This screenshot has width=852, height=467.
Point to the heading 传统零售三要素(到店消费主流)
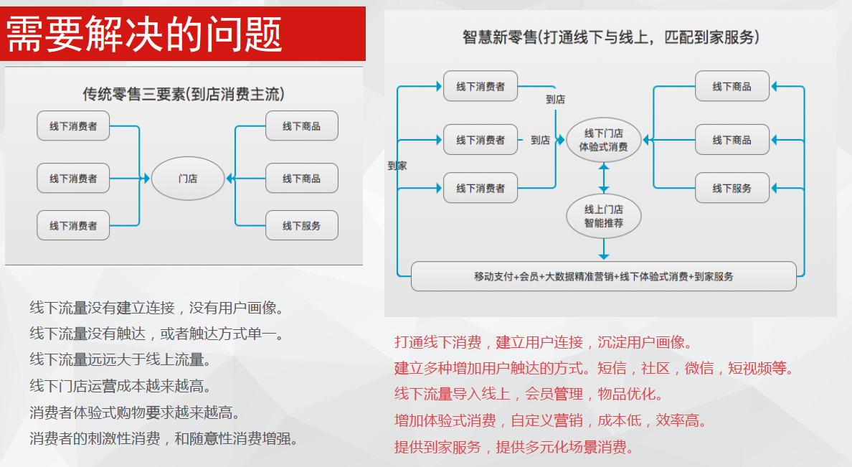click(x=184, y=94)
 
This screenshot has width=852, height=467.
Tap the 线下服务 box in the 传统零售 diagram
click(x=301, y=225)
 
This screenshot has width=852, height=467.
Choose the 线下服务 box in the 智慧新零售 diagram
click(x=732, y=188)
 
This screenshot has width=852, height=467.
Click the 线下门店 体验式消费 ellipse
click(x=603, y=140)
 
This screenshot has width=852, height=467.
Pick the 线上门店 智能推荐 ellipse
click(x=603, y=216)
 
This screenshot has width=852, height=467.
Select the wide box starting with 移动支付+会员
click(x=603, y=276)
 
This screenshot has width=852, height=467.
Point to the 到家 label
click(x=397, y=166)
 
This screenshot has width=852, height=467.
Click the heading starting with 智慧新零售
click(x=611, y=37)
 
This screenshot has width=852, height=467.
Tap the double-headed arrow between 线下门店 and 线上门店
click(x=604, y=177)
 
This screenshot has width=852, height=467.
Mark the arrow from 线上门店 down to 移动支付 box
click(x=604, y=248)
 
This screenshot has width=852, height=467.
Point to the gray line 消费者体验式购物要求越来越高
click(x=134, y=412)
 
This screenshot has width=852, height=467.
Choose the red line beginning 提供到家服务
click(x=514, y=448)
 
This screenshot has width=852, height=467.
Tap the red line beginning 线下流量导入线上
click(x=529, y=395)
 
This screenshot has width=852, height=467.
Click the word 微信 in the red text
click(x=699, y=369)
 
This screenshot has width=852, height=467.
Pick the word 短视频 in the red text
click(x=749, y=369)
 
